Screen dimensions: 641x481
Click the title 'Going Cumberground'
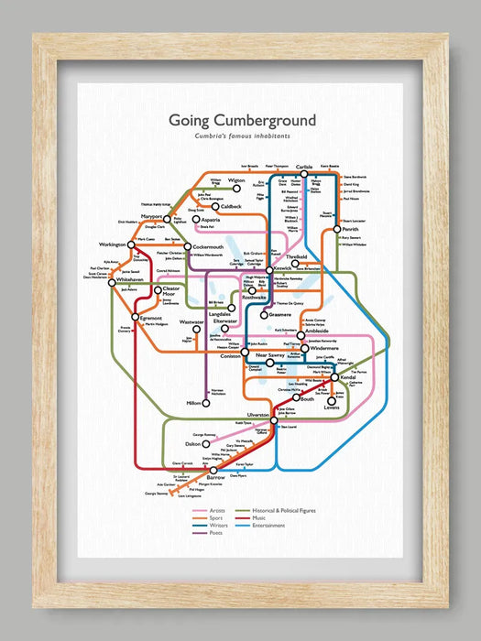[242, 121]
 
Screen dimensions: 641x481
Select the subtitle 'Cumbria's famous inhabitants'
[242, 137]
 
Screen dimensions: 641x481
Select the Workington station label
[113, 245]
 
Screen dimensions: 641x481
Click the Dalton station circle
[205, 443]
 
